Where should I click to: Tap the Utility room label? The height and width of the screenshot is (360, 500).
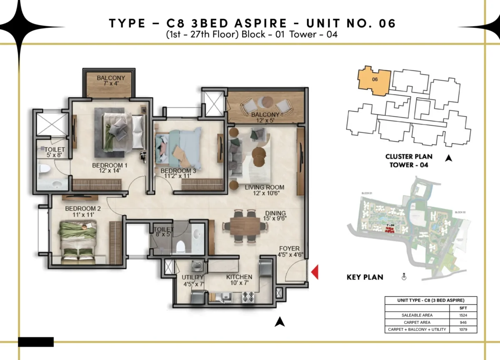click(x=192, y=277)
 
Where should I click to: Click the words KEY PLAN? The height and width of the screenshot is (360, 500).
click(x=365, y=277)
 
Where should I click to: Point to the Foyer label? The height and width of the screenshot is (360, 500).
click(x=289, y=248)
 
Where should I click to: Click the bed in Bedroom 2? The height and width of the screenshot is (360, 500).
click(x=79, y=242)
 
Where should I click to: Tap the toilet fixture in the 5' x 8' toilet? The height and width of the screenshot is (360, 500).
click(x=43, y=171)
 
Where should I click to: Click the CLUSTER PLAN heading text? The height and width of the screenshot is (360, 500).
click(x=408, y=157)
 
